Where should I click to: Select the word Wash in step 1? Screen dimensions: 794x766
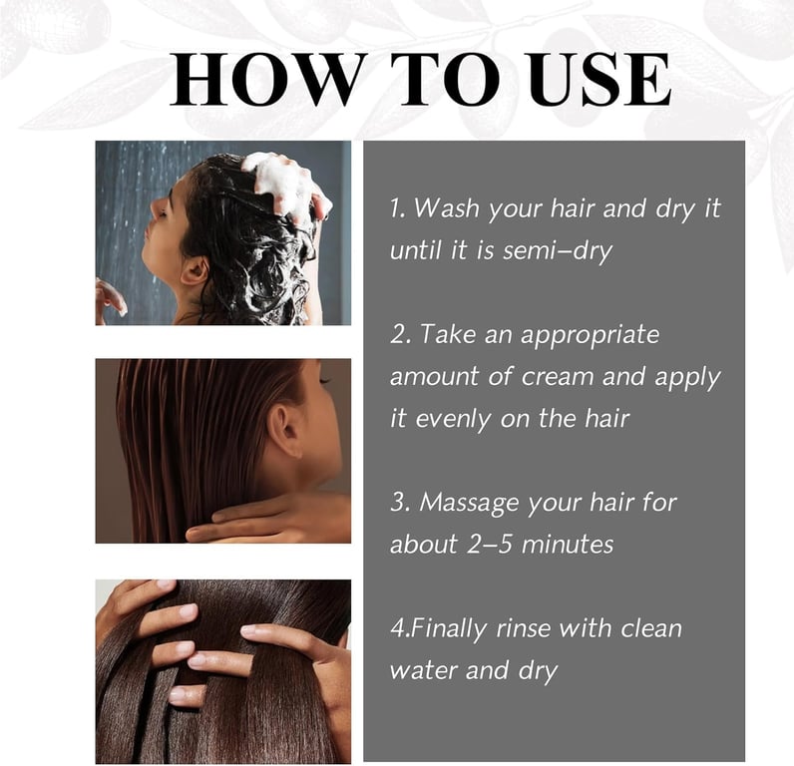click(446, 208)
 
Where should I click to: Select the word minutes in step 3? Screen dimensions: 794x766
click(568, 546)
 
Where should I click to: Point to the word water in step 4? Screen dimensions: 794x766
click(423, 671)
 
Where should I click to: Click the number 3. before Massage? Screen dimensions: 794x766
click(400, 503)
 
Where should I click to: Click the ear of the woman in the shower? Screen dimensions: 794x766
click(194, 271)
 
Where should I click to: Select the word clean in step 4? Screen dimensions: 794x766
click(651, 628)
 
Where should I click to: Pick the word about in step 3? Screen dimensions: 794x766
click(424, 545)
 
